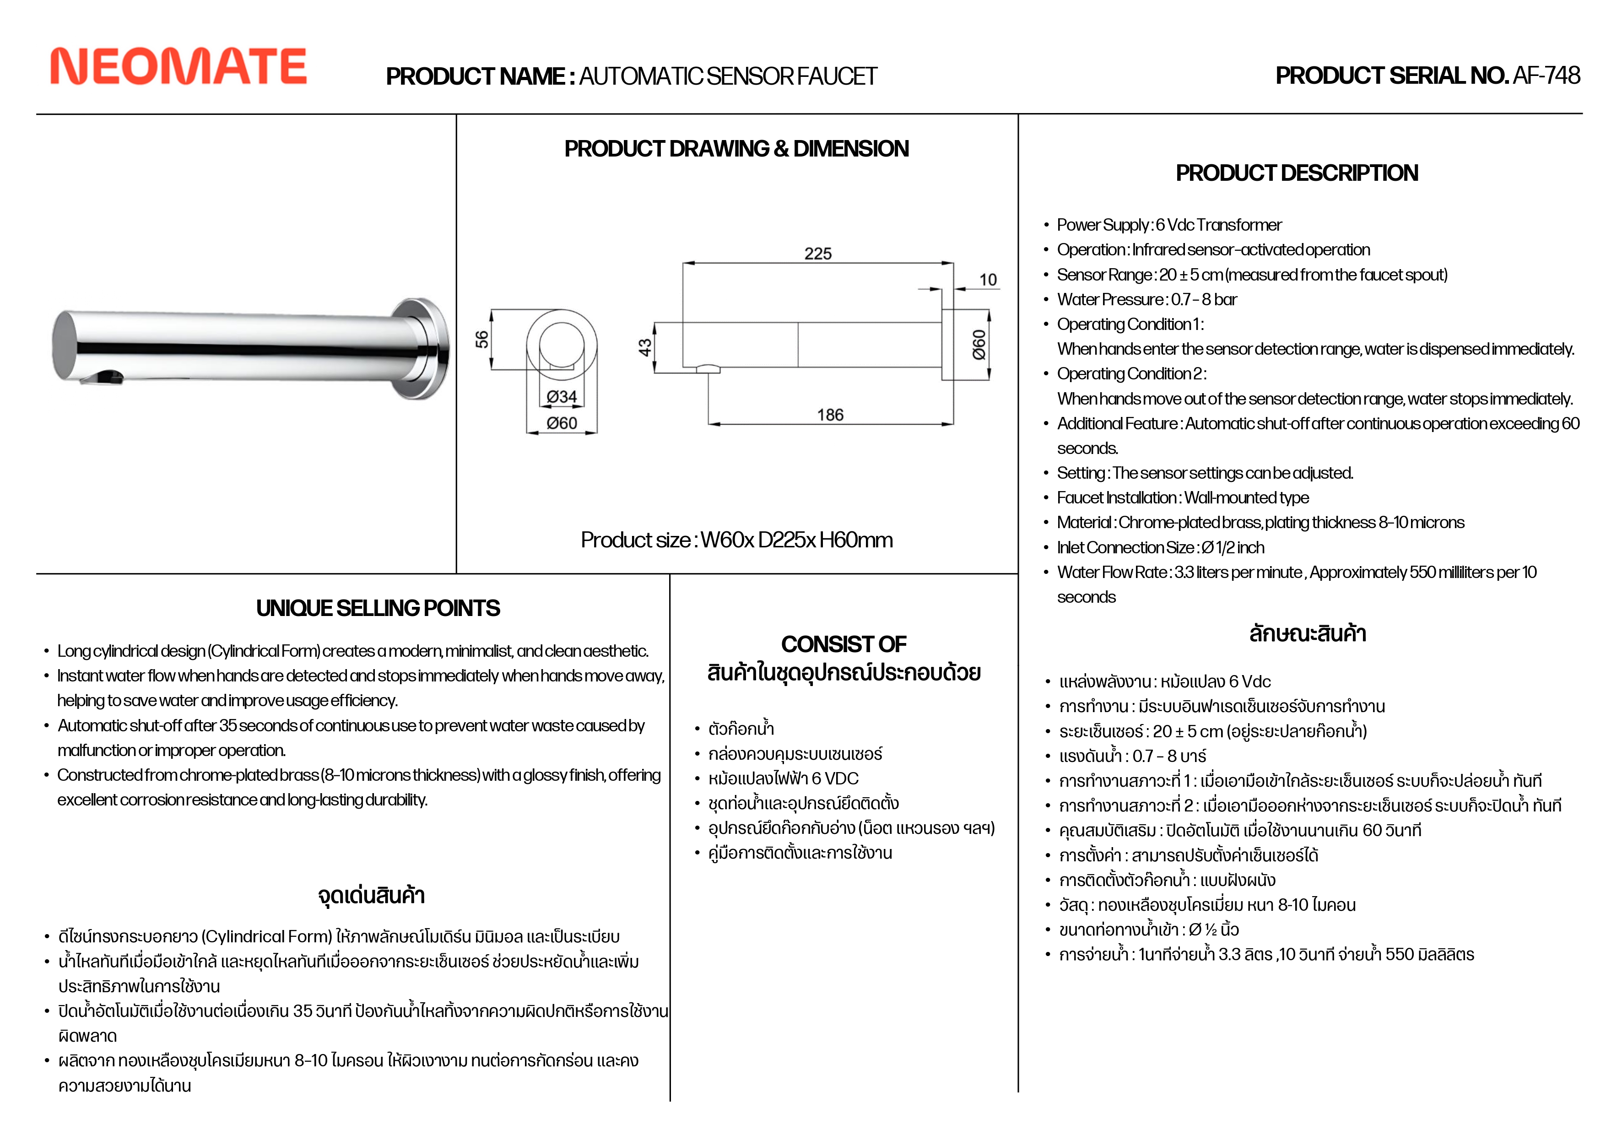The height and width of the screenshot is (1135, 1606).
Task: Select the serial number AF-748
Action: (1546, 76)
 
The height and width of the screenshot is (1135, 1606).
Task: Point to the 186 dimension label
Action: (830, 415)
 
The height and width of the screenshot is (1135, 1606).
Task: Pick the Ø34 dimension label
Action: (562, 396)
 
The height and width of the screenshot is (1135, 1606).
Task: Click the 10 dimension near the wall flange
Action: (988, 280)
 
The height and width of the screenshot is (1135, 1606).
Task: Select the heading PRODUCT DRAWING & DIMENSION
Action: (736, 149)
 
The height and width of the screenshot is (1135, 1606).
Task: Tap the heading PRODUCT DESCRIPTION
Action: (1297, 173)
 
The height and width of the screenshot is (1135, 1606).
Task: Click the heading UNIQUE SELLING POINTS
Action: (378, 608)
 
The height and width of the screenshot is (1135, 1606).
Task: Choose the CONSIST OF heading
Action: (844, 644)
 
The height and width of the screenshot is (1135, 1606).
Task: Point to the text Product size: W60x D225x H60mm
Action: (736, 540)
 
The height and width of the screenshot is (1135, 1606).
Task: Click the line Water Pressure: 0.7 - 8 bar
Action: (1146, 299)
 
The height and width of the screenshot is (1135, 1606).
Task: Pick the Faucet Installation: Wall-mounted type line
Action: (1183, 498)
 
